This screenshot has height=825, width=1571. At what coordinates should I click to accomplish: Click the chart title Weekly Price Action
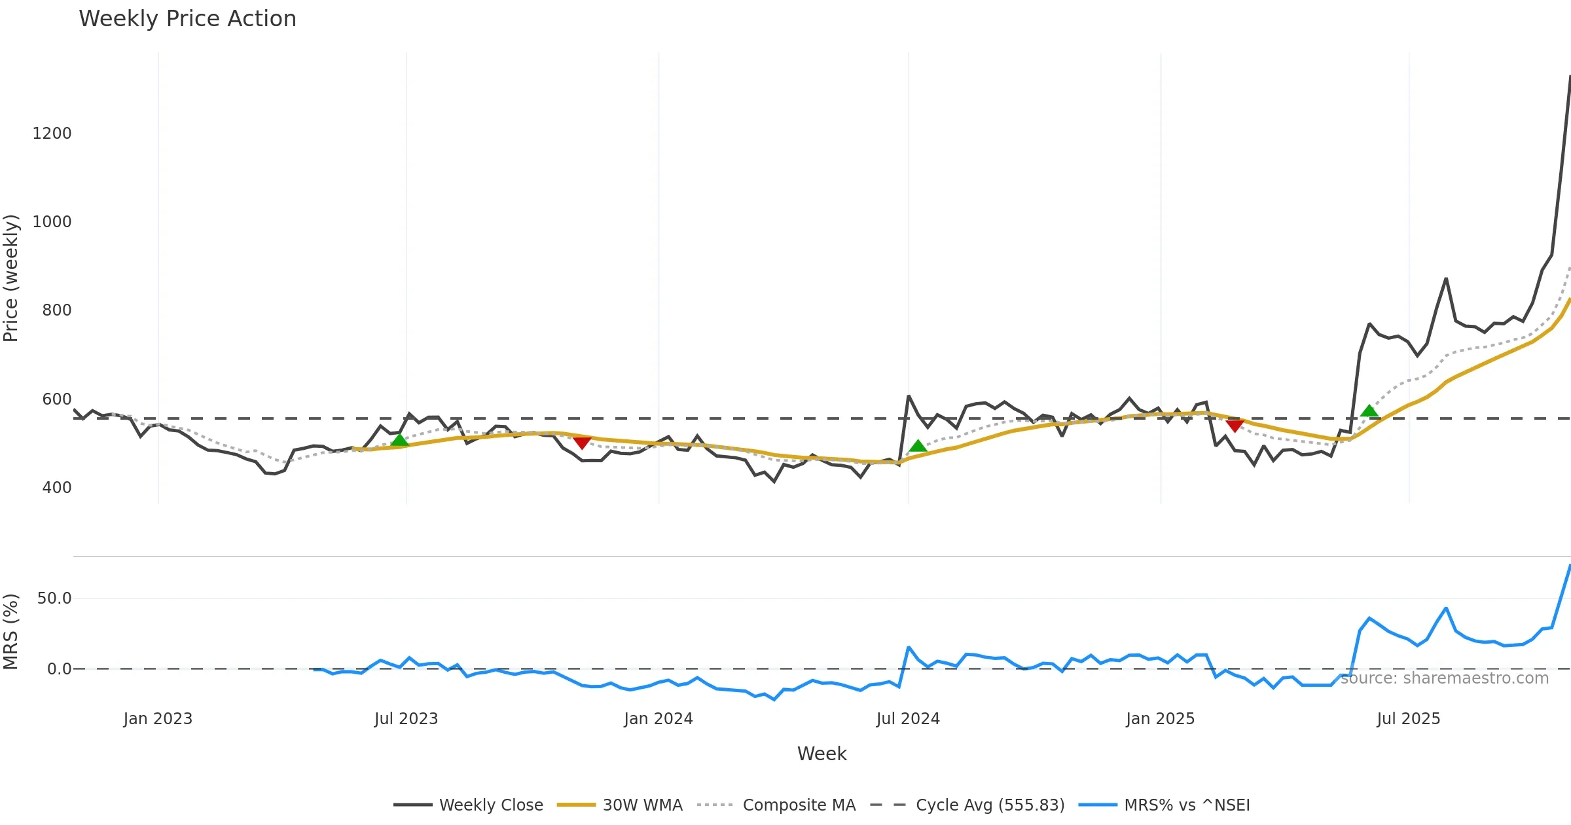tap(187, 19)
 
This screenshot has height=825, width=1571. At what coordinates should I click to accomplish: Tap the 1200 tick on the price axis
tap(52, 134)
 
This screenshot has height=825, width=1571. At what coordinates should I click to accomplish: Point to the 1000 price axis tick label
tap(52, 222)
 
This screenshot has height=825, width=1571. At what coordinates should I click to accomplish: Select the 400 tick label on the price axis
tap(56, 488)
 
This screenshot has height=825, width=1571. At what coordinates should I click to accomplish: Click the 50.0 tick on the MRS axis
tap(54, 598)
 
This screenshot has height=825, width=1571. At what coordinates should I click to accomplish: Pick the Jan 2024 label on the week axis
tap(658, 719)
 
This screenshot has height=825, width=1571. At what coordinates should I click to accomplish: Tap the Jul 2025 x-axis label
tap(1408, 719)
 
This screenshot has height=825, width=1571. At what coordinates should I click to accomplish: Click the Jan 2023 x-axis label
tap(158, 719)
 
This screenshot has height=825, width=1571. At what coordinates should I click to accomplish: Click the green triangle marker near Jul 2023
tap(399, 440)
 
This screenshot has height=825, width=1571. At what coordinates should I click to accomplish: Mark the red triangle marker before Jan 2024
tap(582, 443)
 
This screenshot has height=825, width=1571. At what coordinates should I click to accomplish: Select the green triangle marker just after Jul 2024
tap(918, 447)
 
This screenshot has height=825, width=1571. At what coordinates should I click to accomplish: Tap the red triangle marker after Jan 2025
tap(1235, 426)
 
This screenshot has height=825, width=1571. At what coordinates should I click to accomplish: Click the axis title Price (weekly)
tap(11, 278)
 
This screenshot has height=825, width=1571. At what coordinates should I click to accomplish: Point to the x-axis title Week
tap(822, 754)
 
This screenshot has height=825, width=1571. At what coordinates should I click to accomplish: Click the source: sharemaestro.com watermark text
tap(1444, 678)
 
